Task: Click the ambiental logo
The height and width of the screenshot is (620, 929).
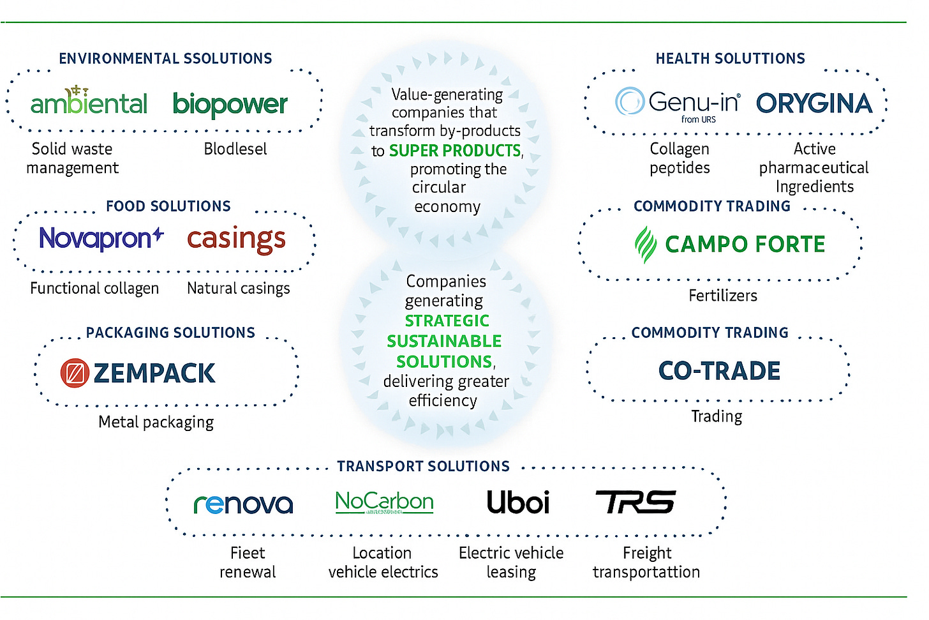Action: (89, 102)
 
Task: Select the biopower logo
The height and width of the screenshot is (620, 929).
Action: (230, 104)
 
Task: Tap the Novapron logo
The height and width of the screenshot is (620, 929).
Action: (101, 238)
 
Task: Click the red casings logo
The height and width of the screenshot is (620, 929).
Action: (236, 239)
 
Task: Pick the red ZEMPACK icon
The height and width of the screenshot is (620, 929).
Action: (75, 373)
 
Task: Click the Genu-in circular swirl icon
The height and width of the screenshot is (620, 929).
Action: (629, 101)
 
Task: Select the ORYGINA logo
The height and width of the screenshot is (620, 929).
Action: (814, 103)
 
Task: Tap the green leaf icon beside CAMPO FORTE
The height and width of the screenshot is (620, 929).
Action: (645, 244)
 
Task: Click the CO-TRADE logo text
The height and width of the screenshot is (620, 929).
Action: (719, 371)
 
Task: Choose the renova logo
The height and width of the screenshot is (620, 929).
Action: (243, 504)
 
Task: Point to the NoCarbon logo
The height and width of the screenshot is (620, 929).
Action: (384, 502)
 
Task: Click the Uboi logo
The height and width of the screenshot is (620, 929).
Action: (517, 503)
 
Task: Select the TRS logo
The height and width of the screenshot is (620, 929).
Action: (635, 503)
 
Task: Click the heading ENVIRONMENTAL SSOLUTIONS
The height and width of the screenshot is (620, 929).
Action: (165, 59)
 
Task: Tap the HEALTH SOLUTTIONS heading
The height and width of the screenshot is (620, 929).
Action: (730, 59)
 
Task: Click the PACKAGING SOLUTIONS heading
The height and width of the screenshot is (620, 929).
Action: (170, 333)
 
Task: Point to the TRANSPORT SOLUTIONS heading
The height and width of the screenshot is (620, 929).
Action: (423, 466)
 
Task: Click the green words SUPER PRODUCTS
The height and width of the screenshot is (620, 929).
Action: (455, 151)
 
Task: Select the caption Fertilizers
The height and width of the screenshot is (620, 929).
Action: (723, 296)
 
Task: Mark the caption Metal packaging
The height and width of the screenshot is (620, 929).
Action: (156, 422)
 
